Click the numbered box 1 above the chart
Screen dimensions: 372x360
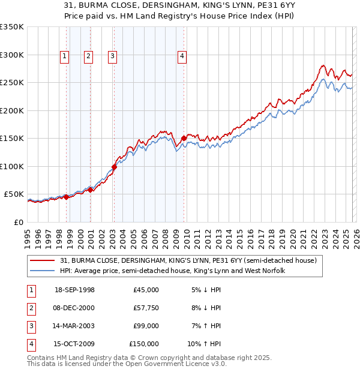[x=64, y=56]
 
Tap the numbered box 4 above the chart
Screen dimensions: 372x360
[x=182, y=56]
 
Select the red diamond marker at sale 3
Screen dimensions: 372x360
[x=114, y=167]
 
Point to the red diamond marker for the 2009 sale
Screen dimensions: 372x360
[x=184, y=139]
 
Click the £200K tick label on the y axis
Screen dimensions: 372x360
[x=12, y=110]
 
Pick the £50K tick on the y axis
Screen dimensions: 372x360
[x=14, y=194]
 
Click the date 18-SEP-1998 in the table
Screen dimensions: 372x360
[x=74, y=290]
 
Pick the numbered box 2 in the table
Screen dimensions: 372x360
[x=29, y=308]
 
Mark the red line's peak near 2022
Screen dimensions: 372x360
[x=323, y=65]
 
